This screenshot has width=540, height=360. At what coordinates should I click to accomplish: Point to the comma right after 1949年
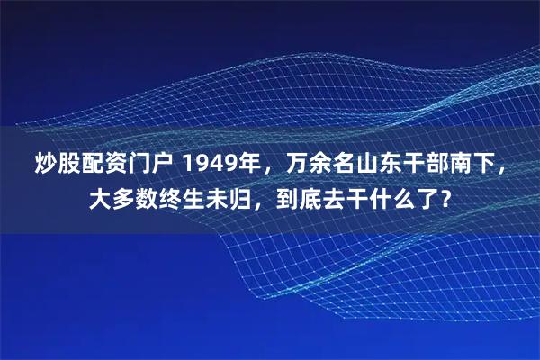point(262,170)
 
